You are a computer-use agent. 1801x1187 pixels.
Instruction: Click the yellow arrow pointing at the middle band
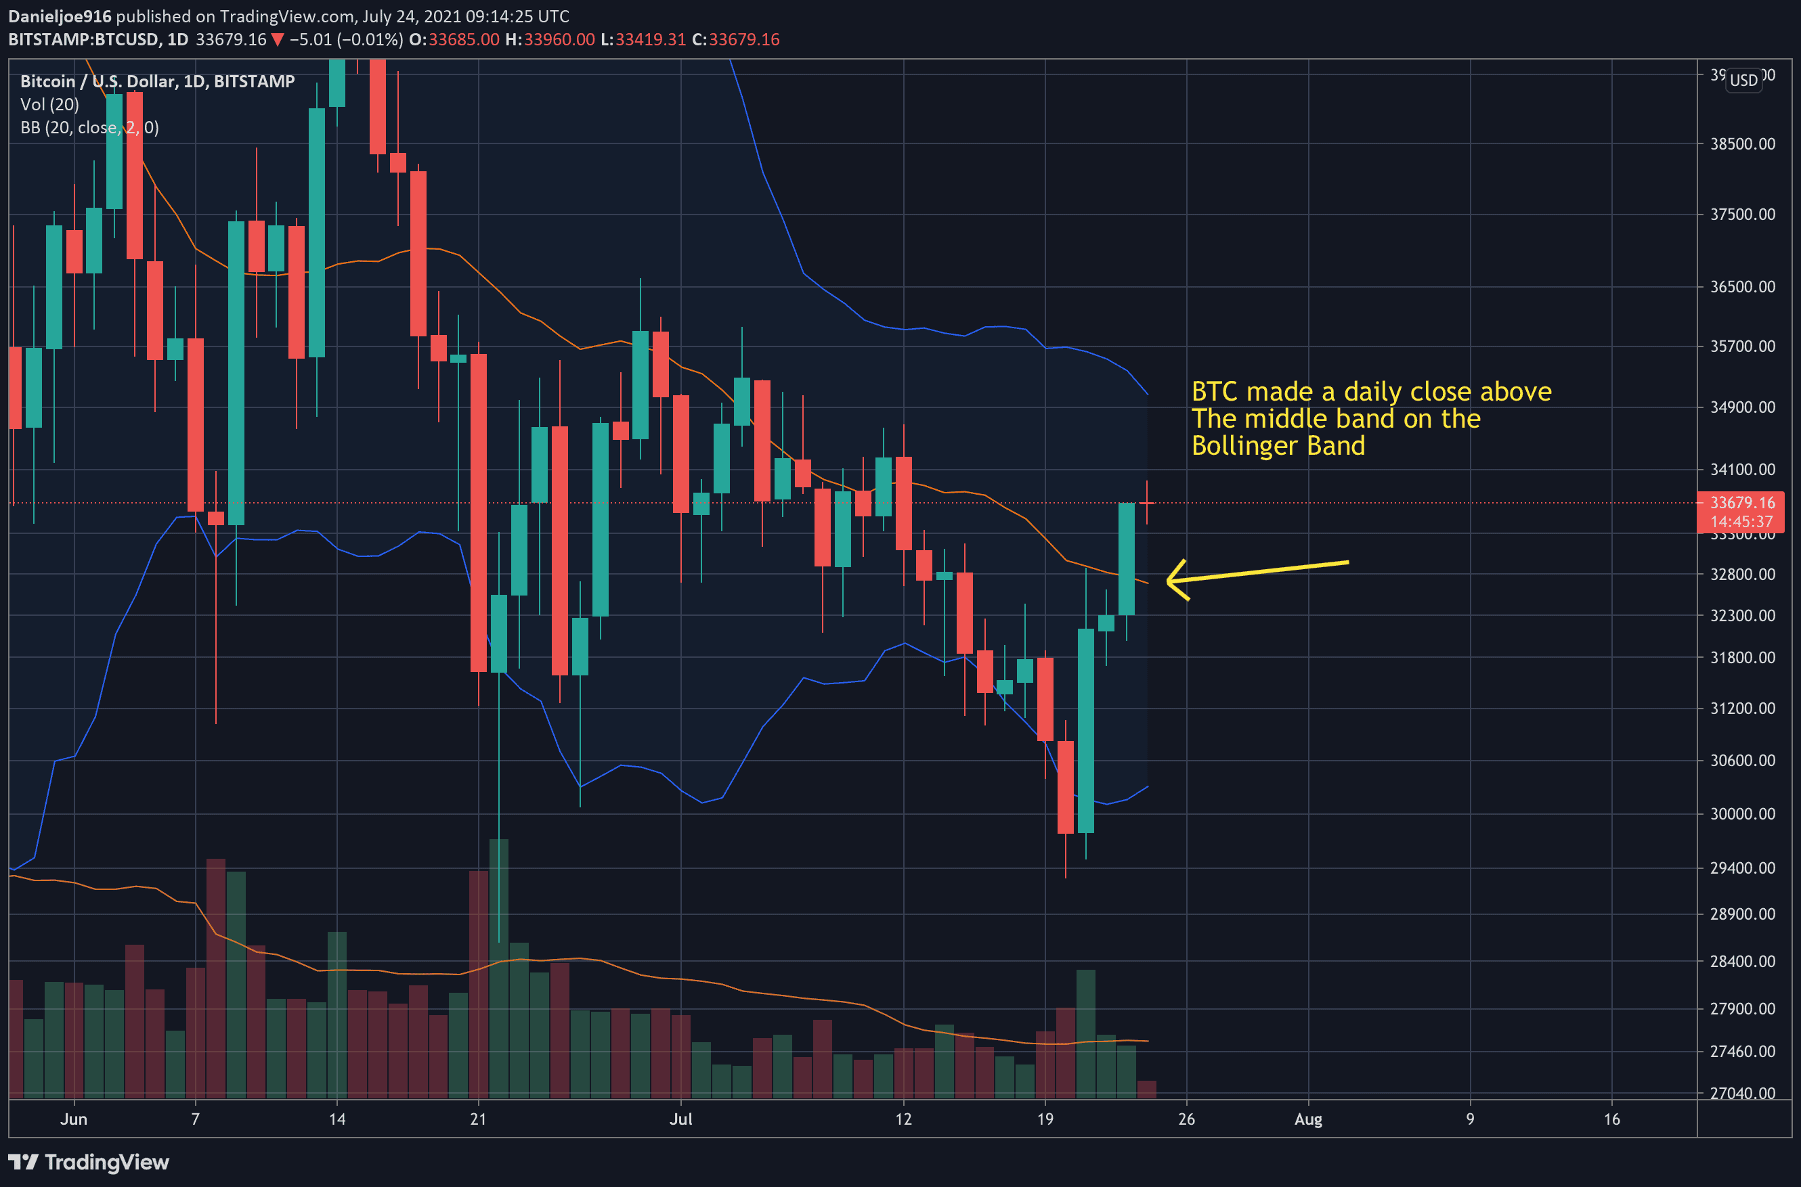click(1257, 573)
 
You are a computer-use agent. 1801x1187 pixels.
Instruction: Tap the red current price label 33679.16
click(1741, 503)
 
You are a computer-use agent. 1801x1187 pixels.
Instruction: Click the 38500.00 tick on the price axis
click(1742, 144)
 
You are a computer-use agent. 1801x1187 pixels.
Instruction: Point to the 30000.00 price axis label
click(1742, 814)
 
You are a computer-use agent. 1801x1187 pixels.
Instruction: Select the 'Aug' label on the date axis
click(1308, 1119)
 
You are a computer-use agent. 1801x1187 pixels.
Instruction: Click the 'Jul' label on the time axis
click(680, 1119)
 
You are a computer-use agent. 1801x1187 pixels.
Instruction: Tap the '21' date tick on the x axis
click(478, 1119)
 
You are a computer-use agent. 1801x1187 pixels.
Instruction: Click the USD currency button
click(1743, 81)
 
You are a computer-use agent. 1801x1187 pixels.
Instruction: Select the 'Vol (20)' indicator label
click(50, 104)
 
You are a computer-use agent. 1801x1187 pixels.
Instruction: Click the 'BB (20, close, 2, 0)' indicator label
click(89, 127)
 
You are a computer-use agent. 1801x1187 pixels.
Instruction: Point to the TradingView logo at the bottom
click(89, 1162)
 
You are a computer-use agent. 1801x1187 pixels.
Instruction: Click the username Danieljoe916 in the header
click(60, 16)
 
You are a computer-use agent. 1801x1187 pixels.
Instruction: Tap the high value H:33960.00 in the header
click(550, 39)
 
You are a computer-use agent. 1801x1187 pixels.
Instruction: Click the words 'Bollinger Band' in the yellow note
click(1278, 445)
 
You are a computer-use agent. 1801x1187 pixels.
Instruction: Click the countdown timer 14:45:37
click(1741, 522)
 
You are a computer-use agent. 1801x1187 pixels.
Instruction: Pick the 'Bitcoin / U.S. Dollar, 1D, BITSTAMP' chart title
click(157, 81)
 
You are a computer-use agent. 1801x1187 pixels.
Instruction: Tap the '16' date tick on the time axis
click(1611, 1119)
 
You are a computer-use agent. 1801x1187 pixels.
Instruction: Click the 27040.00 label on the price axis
click(1742, 1092)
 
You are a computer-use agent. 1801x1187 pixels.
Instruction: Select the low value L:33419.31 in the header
click(643, 39)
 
